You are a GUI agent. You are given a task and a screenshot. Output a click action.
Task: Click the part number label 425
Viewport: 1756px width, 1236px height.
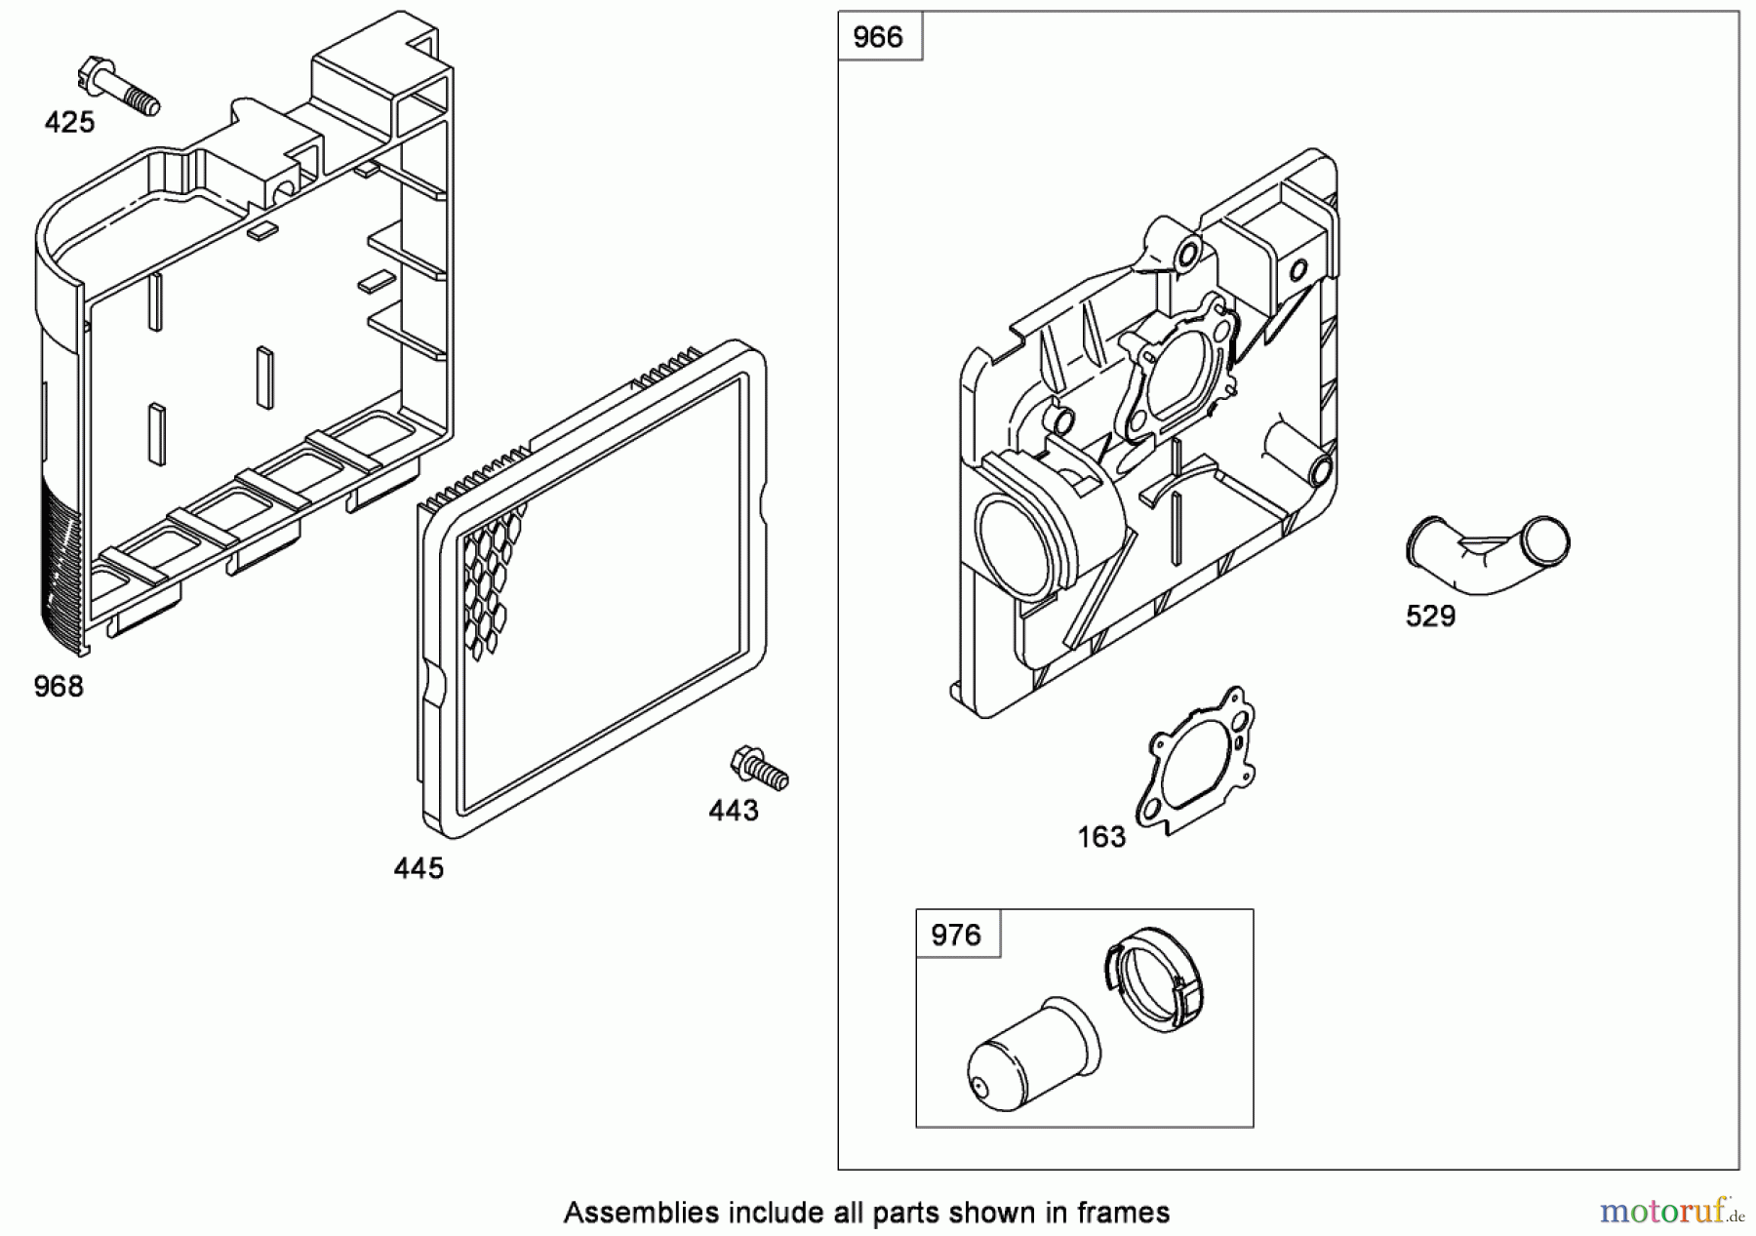tap(69, 122)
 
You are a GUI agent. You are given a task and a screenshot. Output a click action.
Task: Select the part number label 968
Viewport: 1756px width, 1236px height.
tap(59, 687)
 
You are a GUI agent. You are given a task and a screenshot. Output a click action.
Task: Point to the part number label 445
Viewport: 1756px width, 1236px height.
tap(419, 868)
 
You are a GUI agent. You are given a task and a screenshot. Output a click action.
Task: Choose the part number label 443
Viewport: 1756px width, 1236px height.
tap(734, 811)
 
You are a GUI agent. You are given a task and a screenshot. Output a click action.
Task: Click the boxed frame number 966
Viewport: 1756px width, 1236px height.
tap(878, 37)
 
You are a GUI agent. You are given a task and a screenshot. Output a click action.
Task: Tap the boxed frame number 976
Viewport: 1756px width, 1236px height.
tap(956, 935)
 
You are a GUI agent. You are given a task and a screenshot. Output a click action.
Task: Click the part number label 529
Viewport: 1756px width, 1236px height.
tap(1430, 617)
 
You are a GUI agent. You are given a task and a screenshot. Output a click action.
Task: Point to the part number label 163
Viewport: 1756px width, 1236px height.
tap(1101, 837)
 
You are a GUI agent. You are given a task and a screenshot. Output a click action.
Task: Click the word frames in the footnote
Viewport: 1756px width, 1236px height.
tap(1123, 1213)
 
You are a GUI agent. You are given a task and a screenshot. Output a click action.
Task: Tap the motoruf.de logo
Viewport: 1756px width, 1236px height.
tap(1670, 1212)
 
